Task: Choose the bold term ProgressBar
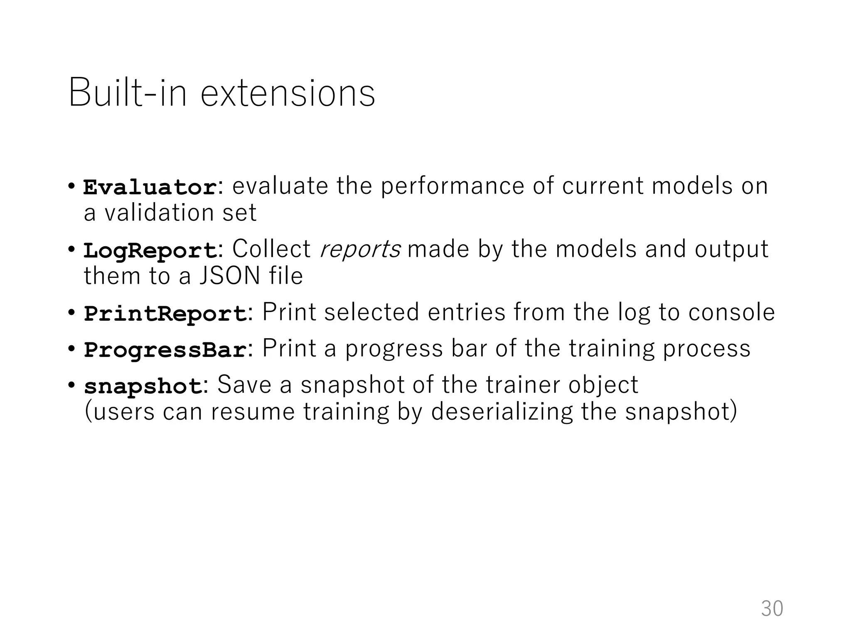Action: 165,350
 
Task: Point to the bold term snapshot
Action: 143,386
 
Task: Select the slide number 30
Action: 772,609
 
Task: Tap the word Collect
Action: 271,249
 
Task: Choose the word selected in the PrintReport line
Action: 371,312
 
